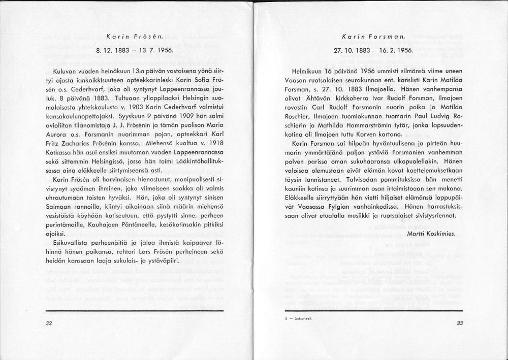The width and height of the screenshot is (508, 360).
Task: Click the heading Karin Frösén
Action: pos(134,37)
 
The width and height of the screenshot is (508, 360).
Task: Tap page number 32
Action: pos(49,323)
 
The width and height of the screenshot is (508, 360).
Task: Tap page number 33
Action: pos(460,323)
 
